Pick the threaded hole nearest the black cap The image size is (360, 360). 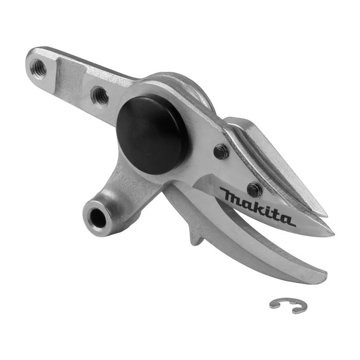pyautogui.click(x=99, y=95)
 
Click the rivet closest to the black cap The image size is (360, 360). pyautogui.click(x=221, y=151)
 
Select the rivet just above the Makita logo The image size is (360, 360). pyautogui.click(x=254, y=189)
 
